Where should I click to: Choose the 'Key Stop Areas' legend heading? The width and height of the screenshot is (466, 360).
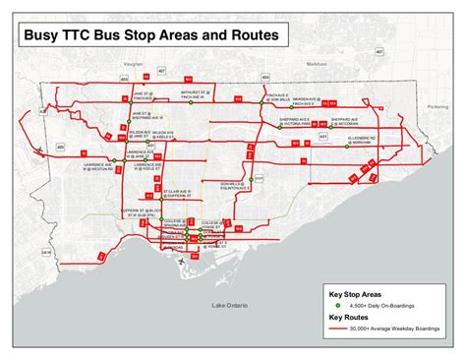tap(357, 293)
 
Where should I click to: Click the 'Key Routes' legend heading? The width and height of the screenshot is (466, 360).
tap(350, 318)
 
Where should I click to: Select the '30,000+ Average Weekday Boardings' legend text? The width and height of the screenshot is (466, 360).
tap(398, 329)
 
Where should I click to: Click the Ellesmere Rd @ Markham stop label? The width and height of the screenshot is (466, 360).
tap(365, 141)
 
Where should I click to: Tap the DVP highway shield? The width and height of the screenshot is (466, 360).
tap(260, 179)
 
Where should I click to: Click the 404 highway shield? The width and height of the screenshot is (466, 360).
tap(265, 76)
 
